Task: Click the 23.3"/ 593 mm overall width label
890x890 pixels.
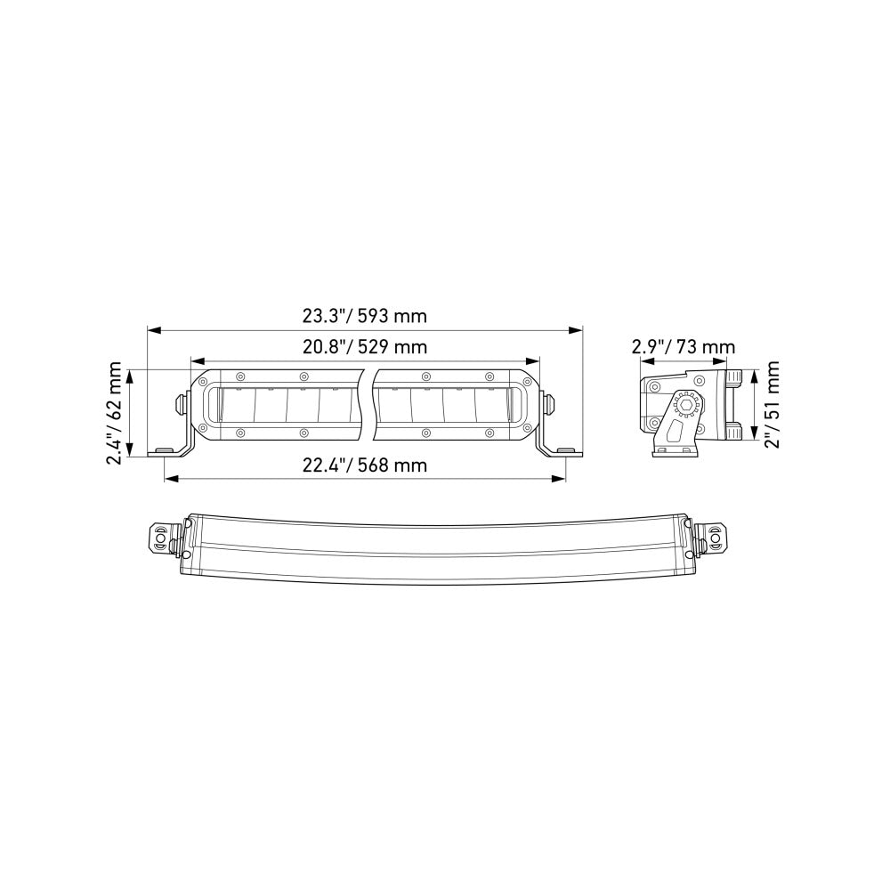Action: coord(365,316)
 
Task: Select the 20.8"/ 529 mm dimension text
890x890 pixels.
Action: coord(365,347)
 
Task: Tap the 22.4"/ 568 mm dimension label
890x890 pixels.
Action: coord(365,465)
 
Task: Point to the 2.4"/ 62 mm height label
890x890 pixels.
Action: coord(114,412)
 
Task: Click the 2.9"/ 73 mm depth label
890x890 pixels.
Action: coord(684,346)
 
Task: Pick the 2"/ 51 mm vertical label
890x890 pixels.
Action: coord(772,405)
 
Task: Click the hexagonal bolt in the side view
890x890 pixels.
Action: coord(686,405)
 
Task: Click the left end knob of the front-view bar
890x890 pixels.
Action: coord(180,403)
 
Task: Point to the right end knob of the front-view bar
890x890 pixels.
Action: coord(551,403)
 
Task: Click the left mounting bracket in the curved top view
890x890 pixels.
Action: coord(165,539)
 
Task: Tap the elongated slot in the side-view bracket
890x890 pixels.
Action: coord(673,434)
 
